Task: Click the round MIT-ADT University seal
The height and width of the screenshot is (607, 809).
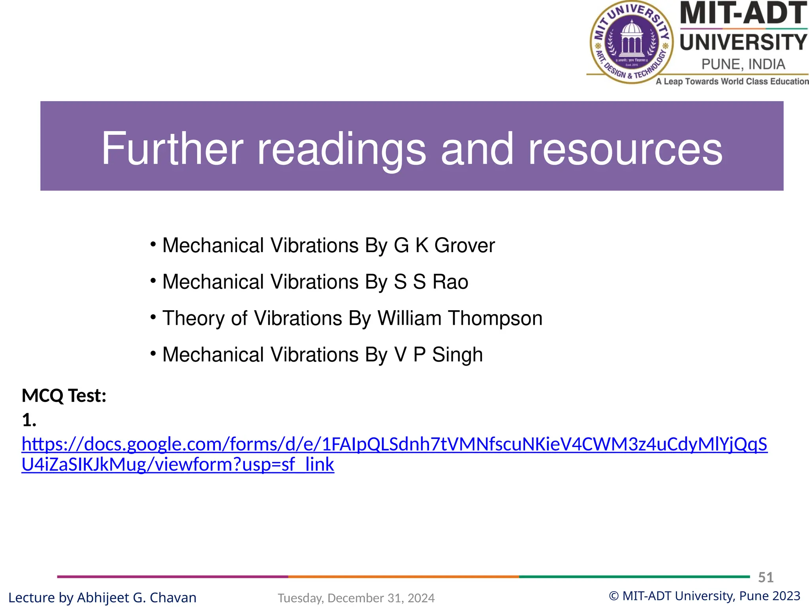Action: tap(631, 42)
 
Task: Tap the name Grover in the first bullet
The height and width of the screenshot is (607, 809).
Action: tap(464, 245)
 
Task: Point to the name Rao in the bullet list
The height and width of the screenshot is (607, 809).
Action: tap(450, 282)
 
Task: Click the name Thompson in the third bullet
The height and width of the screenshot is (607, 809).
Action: tap(495, 318)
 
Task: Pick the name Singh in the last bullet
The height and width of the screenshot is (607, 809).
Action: tap(457, 354)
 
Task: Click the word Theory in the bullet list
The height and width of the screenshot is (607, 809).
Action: tap(194, 318)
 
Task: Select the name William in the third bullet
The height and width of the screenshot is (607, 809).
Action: tap(409, 318)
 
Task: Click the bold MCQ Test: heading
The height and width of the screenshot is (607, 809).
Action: tap(64, 396)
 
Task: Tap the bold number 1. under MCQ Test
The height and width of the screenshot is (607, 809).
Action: tap(29, 420)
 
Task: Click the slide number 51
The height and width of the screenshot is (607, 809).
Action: tap(766, 577)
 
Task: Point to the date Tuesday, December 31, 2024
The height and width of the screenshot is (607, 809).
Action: tap(356, 598)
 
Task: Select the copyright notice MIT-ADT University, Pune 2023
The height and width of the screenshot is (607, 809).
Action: tap(705, 596)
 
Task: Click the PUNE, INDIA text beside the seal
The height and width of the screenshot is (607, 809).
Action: tap(743, 64)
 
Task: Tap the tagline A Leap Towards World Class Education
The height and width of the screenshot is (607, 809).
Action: tap(732, 81)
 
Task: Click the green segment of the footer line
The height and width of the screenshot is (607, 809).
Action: tap(634, 577)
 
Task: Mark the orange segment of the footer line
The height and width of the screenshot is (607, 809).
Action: tap(403, 577)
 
